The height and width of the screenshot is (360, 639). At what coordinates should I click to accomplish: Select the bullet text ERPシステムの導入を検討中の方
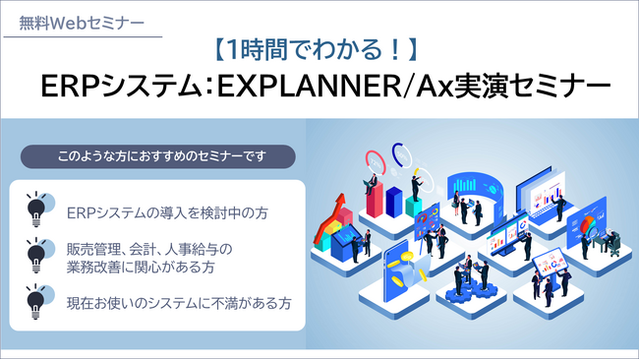(166, 211)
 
